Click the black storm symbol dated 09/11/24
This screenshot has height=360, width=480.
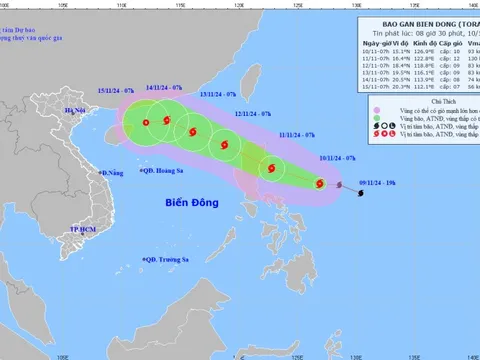click(x=359, y=194)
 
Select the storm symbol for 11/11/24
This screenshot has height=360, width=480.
click(x=268, y=168)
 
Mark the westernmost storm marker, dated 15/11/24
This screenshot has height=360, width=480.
click(x=146, y=124)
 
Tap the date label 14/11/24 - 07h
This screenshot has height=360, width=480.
click(x=164, y=88)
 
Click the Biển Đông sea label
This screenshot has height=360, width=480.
click(x=196, y=204)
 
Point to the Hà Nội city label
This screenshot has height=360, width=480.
click(x=75, y=110)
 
